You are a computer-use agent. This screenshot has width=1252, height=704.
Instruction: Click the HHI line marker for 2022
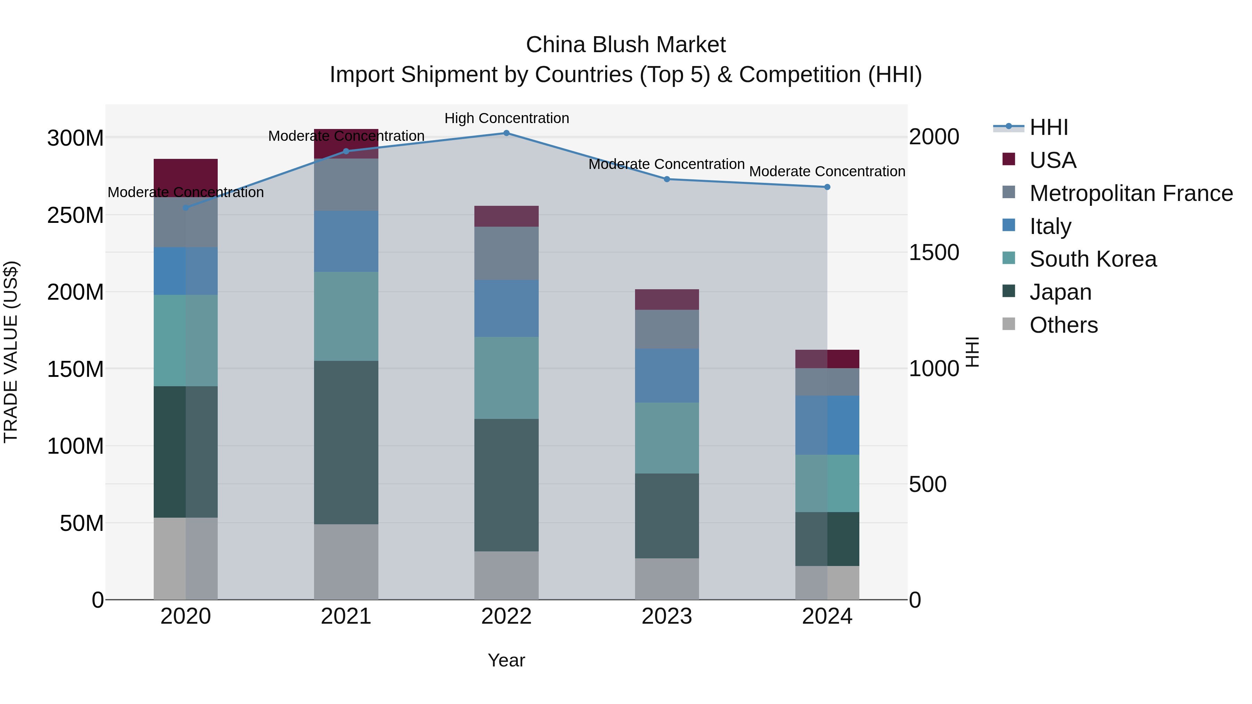506,133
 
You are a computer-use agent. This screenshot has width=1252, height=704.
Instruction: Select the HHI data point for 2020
186,208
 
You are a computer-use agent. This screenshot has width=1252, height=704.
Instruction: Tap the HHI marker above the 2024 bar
827,187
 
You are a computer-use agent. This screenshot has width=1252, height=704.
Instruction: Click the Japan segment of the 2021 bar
346,442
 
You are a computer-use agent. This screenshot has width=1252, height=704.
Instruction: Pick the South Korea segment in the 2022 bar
506,378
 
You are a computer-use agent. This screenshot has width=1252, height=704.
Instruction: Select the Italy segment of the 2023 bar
667,375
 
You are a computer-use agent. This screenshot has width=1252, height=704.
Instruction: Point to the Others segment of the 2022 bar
506,575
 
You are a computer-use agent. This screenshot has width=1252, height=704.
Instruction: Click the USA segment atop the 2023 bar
667,299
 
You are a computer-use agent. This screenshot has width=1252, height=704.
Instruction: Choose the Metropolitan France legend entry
1131,193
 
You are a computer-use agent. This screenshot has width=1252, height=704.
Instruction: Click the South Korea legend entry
1093,259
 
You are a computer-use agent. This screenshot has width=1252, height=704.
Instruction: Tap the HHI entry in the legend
1049,127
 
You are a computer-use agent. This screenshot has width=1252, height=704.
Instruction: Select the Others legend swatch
1009,324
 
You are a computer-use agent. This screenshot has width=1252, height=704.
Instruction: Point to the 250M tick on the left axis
75,215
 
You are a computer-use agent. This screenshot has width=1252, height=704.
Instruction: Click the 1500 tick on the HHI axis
934,253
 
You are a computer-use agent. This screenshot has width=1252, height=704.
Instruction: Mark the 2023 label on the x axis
667,616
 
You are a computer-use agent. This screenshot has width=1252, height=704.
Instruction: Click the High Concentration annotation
506,118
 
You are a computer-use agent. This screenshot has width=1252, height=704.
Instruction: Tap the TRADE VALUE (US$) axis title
11,352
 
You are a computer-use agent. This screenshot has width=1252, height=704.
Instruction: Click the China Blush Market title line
626,45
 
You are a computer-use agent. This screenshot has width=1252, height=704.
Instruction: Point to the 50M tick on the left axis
82,523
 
